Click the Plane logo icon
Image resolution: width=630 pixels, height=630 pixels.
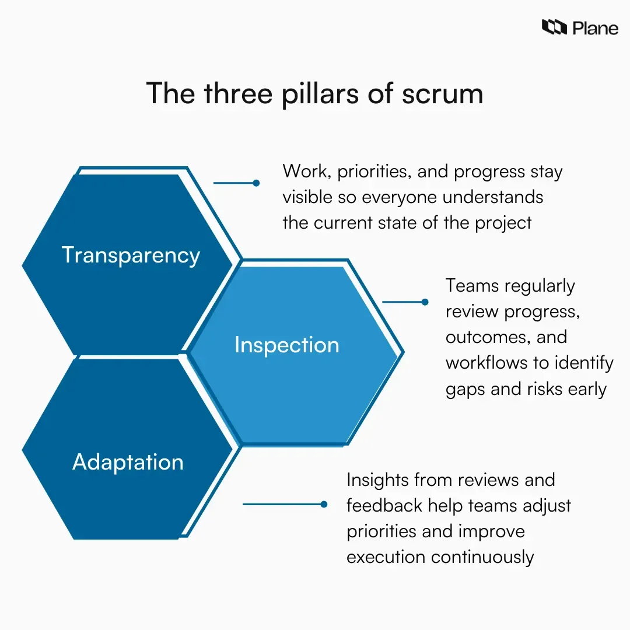[554, 27]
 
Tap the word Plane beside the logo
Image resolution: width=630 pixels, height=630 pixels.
[595, 28]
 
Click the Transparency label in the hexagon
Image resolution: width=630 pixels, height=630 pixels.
[131, 256]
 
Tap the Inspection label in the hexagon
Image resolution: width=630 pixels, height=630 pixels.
[286, 345]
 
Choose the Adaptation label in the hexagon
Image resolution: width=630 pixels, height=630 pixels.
[128, 462]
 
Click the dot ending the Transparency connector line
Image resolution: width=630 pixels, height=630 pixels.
[256, 183]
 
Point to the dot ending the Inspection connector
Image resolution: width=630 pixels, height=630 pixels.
[425, 302]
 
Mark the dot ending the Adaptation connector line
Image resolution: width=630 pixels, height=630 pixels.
[324, 504]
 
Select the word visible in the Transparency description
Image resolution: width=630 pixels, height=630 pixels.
[308, 197]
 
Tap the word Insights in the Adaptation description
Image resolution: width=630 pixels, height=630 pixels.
[377, 480]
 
